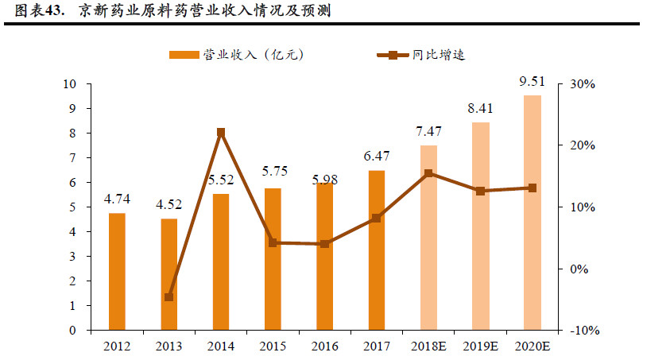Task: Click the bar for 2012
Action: click(117, 271)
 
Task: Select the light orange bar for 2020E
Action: click(532, 212)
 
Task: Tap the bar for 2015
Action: click(273, 258)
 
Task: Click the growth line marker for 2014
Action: click(221, 133)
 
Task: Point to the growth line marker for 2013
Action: click(168, 297)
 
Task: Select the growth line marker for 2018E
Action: click(428, 173)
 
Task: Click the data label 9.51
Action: click(532, 82)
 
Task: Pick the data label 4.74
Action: click(117, 199)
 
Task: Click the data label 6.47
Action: click(376, 157)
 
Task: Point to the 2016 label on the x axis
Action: click(324, 346)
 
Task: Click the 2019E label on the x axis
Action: click(480, 346)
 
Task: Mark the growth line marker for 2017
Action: click(376, 219)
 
